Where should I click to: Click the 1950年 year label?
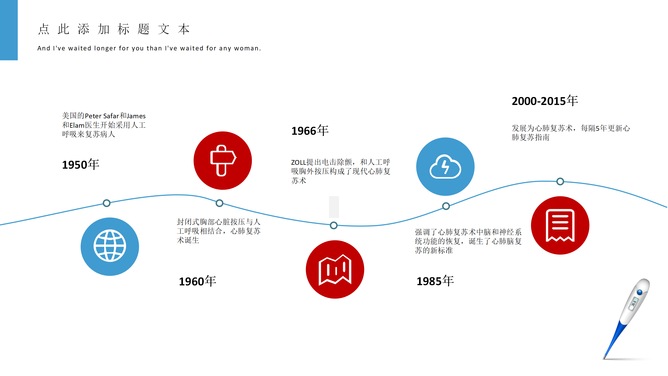pyautogui.click(x=81, y=164)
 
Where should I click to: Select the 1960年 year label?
pyautogui.click(x=198, y=281)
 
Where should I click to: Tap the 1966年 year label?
pyautogui.click(x=310, y=131)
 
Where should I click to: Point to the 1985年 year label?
pyautogui.click(x=435, y=281)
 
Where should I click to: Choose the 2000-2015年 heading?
pyautogui.click(x=545, y=101)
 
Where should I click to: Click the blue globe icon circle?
pyautogui.click(x=110, y=246)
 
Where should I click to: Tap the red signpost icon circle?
pyautogui.click(x=223, y=161)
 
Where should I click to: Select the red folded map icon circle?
pyautogui.click(x=335, y=269)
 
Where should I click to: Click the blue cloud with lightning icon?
pyautogui.click(x=445, y=167)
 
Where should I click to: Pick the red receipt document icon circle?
pyautogui.click(x=560, y=225)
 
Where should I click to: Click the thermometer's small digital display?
pyautogui.click(x=634, y=304)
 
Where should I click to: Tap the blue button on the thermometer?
pyautogui.click(x=639, y=292)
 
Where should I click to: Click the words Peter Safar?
pyautogui.click(x=102, y=116)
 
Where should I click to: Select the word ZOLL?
pyautogui.click(x=299, y=162)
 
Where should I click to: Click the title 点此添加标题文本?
pyautogui.click(x=114, y=29)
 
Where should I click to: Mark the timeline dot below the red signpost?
pyautogui.click(x=219, y=203)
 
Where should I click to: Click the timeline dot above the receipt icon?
pyautogui.click(x=560, y=181)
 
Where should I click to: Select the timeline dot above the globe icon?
pyautogui.click(x=106, y=203)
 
